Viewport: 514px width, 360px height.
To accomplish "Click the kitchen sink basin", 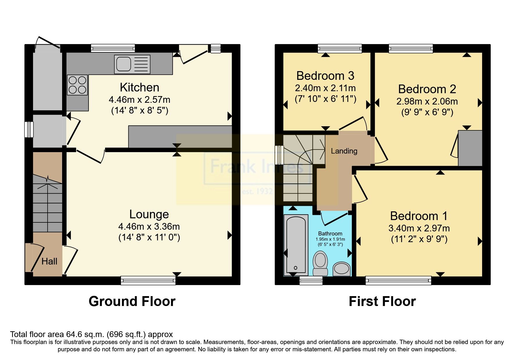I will tap(123, 64).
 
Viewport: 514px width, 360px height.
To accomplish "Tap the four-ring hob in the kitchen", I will tap(77, 85).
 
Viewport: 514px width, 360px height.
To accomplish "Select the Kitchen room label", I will tap(139, 87).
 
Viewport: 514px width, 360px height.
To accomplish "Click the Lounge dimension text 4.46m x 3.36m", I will tap(149, 226).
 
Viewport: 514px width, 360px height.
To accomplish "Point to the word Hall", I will tap(49, 261).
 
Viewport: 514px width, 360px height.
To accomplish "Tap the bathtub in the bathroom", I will tap(296, 244).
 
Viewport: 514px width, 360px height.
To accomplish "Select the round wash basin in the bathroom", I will tap(341, 269).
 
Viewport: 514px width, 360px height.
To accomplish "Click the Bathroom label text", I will tap(330, 233).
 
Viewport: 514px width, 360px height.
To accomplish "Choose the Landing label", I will tap(344, 151).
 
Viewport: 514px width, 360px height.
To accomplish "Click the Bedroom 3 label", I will tap(325, 76).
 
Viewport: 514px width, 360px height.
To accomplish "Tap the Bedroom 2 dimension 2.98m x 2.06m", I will tap(427, 101).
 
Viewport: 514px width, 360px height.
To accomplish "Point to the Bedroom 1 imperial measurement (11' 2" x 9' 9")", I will tap(419, 239).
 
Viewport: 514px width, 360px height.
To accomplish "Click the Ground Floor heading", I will tap(132, 301).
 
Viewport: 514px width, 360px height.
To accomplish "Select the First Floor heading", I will tap(382, 301).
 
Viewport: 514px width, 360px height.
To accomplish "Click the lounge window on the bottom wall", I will tap(148, 280).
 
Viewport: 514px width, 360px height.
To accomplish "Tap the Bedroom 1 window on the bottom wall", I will tap(398, 280).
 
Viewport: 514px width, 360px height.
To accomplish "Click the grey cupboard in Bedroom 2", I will tap(470, 148).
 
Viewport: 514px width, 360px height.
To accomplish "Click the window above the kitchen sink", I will tap(113, 48).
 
